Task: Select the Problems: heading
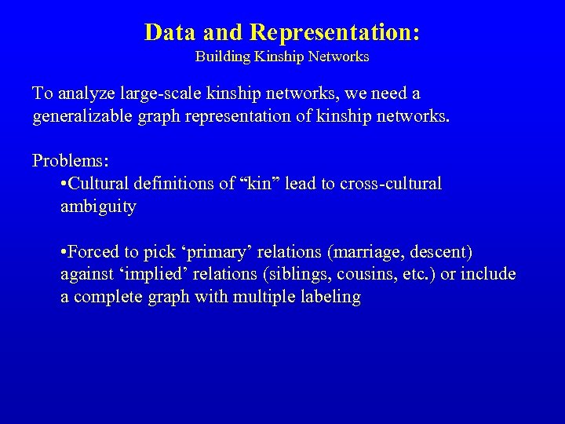click(x=71, y=162)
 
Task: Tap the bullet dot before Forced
click(x=63, y=253)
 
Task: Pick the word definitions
click(x=170, y=185)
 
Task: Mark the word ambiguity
click(x=98, y=208)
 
